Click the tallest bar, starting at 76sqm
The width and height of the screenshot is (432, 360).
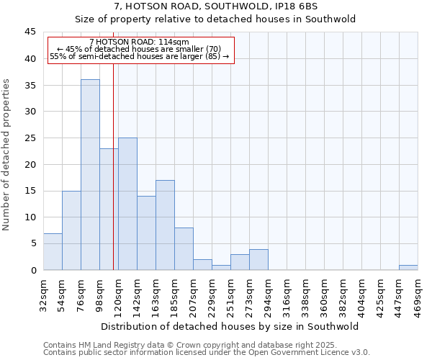pyautogui.click(x=90, y=174)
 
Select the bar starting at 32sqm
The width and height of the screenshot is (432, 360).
pyautogui.click(x=53, y=251)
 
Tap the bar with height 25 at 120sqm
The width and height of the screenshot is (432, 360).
pyautogui.click(x=127, y=204)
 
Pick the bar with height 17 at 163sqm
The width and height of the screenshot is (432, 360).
pyautogui.click(x=165, y=225)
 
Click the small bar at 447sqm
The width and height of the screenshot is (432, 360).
pyautogui.click(x=408, y=267)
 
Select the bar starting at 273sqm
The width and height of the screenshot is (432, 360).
pyautogui.click(x=258, y=259)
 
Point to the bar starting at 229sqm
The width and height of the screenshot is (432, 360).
pyautogui.click(x=221, y=267)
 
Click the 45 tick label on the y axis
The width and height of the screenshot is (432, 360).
pyautogui.click(x=30, y=32)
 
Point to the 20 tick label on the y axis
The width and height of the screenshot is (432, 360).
pyautogui.click(x=30, y=164)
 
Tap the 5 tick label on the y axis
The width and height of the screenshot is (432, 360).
pyautogui.click(x=32, y=243)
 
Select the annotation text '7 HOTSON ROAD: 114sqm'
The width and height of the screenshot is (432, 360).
pyautogui.click(x=140, y=42)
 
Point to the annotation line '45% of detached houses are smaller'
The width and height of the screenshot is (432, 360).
pyautogui.click(x=140, y=49)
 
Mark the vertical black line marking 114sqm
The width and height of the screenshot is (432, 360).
pyautogui.click(x=113, y=180)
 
